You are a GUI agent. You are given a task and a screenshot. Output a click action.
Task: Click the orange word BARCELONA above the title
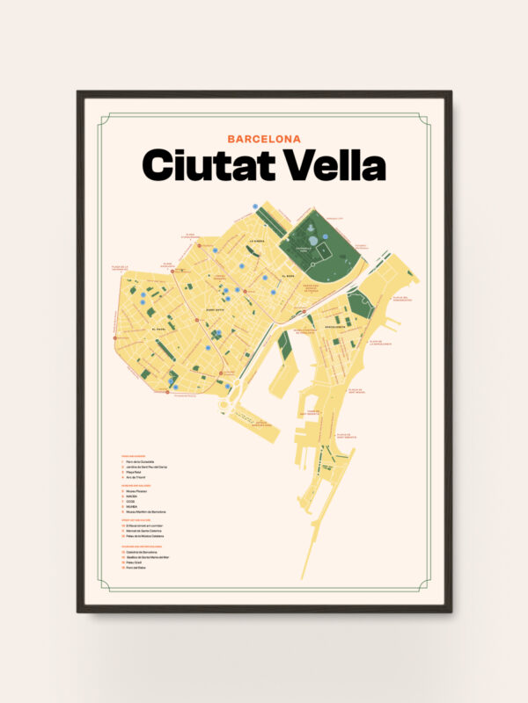[x=264, y=138]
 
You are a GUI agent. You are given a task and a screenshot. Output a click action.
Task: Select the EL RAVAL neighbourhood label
[x=159, y=330]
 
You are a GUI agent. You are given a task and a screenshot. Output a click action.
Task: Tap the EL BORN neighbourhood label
[x=288, y=278]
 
